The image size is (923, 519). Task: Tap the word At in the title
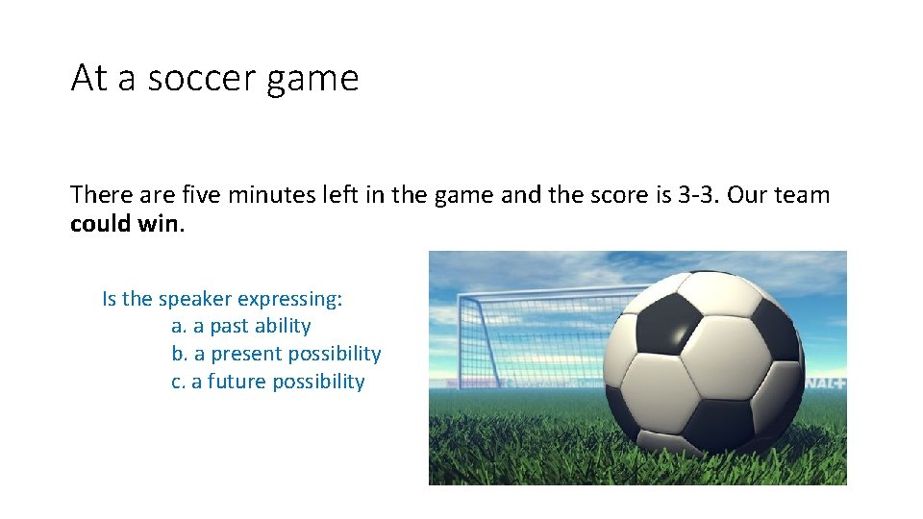pyautogui.click(x=88, y=79)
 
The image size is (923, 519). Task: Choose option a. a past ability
pyautogui.click(x=240, y=326)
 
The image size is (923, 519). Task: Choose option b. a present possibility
pyautogui.click(x=276, y=354)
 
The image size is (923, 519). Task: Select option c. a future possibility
pyautogui.click(x=267, y=382)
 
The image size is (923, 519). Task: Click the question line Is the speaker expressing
pyautogui.click(x=221, y=299)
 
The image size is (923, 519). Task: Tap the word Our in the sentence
pyautogui.click(x=747, y=195)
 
